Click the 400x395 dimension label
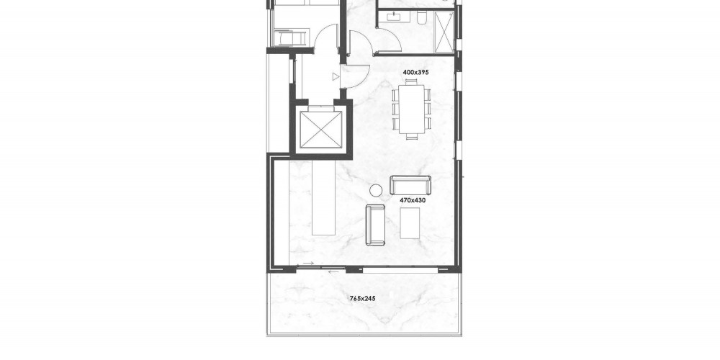[x=415, y=72]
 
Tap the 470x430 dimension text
[x=413, y=200]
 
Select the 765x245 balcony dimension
[x=362, y=299]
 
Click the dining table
[x=411, y=109]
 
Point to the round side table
[x=376, y=190]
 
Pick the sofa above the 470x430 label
[x=410, y=185]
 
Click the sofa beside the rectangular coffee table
[x=375, y=225]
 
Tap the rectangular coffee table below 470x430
[x=410, y=223]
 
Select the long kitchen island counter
[x=324, y=197]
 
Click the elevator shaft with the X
[x=321, y=130]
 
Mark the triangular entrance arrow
[x=336, y=77]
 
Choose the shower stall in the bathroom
[x=444, y=32]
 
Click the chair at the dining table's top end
[x=411, y=82]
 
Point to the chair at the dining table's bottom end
[x=411, y=136]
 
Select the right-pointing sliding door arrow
[x=309, y=264]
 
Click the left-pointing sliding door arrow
[x=334, y=272]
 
